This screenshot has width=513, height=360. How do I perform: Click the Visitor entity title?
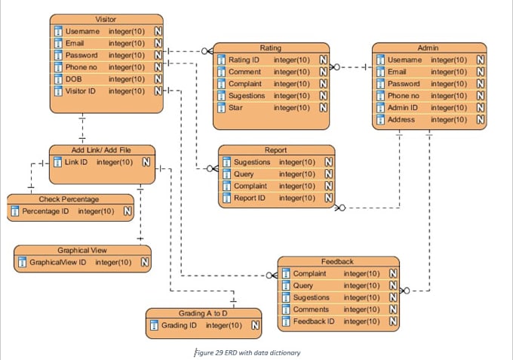(x=106, y=19)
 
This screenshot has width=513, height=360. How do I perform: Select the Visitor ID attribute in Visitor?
(x=81, y=91)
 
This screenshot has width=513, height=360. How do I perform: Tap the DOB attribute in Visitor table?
(x=74, y=79)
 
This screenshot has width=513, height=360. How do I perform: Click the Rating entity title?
(x=270, y=48)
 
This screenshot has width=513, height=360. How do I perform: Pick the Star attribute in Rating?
(x=236, y=108)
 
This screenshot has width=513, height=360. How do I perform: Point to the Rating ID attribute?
(x=244, y=60)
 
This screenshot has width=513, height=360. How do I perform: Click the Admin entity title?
(x=428, y=48)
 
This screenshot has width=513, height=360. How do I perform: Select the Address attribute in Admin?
(x=401, y=120)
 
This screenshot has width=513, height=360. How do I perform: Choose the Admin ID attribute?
(x=402, y=108)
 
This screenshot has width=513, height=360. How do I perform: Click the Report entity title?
(x=275, y=150)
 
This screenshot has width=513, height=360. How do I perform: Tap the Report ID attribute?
(x=250, y=198)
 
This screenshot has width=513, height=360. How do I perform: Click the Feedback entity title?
(x=337, y=261)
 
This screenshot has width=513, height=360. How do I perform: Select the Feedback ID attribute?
(x=314, y=322)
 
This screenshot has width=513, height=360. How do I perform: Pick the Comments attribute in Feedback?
(x=311, y=309)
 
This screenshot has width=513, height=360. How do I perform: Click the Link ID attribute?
(x=76, y=162)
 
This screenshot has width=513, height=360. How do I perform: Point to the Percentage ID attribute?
(x=45, y=211)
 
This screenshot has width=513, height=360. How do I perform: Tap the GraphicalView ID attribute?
(x=57, y=263)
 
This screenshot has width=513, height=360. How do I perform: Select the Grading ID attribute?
(x=179, y=326)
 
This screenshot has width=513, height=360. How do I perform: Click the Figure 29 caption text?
(x=247, y=352)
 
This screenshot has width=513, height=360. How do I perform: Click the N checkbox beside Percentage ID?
(x=127, y=211)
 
